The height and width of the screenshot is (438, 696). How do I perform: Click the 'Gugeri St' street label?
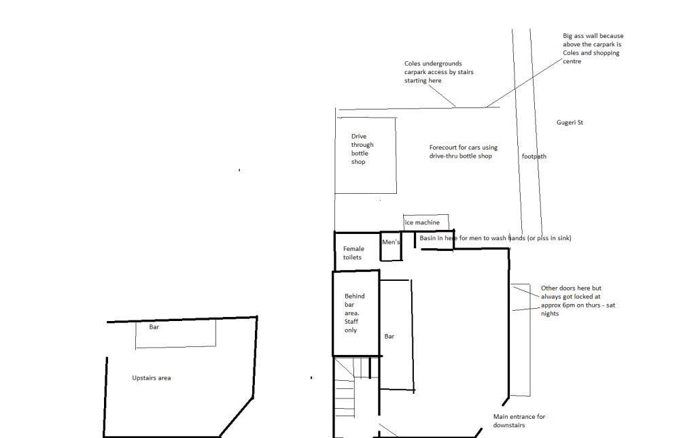tap(570, 122)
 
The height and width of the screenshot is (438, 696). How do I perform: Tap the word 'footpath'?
tap(534, 156)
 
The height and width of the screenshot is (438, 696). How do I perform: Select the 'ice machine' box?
tap(425, 222)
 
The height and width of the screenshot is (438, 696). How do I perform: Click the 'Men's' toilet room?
tap(391, 246)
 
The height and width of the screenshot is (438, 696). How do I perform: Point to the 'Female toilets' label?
tap(353, 253)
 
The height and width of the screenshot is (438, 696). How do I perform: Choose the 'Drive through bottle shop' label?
tap(362, 149)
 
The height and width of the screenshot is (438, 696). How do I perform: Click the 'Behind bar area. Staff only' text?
tap(354, 313)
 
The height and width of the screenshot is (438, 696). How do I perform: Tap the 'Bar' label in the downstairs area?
tap(389, 336)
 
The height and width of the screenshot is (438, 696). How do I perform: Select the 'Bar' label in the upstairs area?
tap(154, 327)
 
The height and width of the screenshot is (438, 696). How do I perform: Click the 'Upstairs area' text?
tap(152, 378)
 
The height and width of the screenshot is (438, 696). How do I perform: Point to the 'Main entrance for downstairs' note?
tap(519, 421)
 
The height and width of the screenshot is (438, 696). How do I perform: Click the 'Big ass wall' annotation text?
tap(593, 48)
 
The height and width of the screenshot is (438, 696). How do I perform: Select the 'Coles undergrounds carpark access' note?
tap(438, 72)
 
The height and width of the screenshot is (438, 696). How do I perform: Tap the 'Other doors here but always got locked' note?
tap(578, 301)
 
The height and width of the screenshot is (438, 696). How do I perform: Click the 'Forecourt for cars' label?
tap(463, 152)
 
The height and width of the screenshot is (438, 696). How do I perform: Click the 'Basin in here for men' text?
tap(495, 238)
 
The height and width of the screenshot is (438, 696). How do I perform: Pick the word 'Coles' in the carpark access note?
tap(412, 63)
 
